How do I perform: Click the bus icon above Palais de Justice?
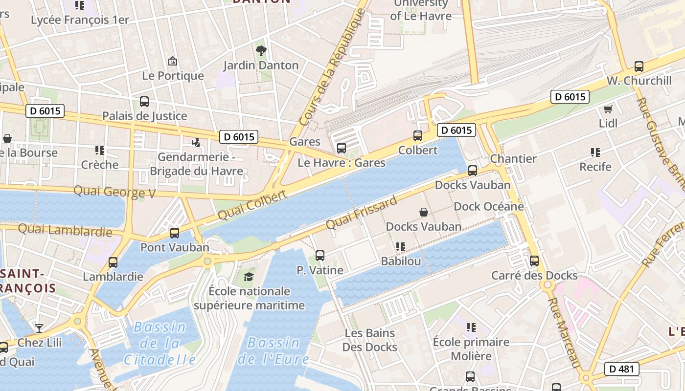[144, 102]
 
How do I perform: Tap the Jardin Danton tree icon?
[261, 50]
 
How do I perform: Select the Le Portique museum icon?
[172, 62]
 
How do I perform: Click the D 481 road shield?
[621, 369]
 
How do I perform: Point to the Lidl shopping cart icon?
[608, 109]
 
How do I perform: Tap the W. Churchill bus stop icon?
[639, 66]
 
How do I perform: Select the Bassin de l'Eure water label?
[273, 351]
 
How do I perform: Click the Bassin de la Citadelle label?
[160, 344]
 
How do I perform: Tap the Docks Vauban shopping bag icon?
[424, 212]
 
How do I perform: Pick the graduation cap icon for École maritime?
[249, 277]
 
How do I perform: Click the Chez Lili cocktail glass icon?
[39, 328]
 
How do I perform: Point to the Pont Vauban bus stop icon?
[175, 233]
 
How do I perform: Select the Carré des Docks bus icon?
[534, 261]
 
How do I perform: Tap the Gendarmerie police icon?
[196, 143]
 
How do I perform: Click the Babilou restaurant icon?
[401, 247]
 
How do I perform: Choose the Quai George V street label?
[114, 192]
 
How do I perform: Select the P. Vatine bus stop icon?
[320, 255]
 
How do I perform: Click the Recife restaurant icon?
[595, 152]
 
